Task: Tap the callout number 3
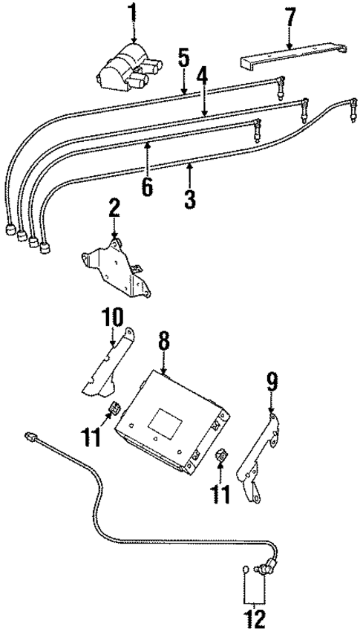(x=190, y=198)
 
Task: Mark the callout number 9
(x=272, y=382)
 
